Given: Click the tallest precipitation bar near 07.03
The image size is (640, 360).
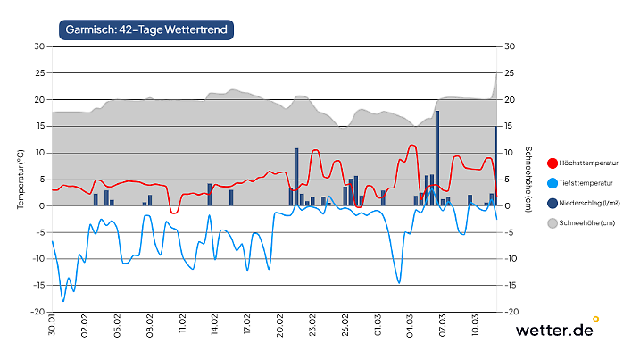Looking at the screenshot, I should (436, 158).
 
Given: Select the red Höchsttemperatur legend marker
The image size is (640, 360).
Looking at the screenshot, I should (552, 163).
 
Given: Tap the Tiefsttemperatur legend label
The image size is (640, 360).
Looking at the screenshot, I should (587, 182).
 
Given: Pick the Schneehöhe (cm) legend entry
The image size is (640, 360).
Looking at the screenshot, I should (587, 222).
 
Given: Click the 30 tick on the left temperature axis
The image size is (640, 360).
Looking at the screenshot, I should (38, 46).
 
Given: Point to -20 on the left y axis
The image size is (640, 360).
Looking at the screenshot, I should (37, 312).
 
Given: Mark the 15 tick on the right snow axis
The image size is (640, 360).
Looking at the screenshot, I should (510, 126).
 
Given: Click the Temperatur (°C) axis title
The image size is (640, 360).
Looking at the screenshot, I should (20, 179).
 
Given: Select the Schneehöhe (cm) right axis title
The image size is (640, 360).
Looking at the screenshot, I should (528, 179).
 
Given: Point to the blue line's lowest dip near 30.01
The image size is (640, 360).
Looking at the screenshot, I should (62, 301).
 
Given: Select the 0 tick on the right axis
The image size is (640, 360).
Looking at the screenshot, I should (508, 205).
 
